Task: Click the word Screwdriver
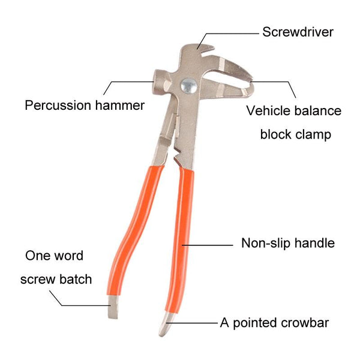298,31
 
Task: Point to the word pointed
254,323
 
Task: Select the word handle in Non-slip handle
315,243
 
